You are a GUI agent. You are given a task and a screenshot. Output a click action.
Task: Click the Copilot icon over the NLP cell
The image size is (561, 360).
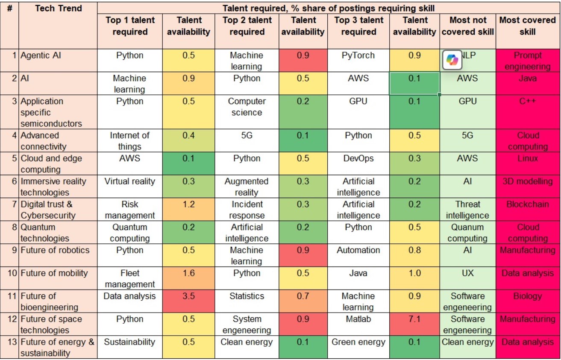(x=452, y=60)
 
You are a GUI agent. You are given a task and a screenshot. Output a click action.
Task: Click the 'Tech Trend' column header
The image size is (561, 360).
(x=58, y=9)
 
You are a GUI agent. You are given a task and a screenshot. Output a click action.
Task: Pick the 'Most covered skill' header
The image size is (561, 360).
(x=528, y=26)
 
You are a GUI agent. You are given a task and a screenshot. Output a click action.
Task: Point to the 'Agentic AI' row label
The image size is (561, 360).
(x=41, y=56)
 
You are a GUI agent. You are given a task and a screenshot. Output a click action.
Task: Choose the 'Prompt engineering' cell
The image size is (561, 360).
(x=528, y=61)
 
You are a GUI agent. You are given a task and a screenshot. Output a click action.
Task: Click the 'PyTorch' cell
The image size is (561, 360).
(x=358, y=56)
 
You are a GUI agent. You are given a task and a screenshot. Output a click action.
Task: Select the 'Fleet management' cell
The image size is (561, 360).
(x=129, y=278)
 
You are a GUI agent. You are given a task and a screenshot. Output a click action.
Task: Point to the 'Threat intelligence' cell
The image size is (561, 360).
(x=467, y=210)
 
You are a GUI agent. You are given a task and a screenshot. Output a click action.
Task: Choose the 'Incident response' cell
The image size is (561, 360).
(x=247, y=210)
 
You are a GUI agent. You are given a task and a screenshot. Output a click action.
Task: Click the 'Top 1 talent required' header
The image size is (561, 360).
(x=129, y=26)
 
